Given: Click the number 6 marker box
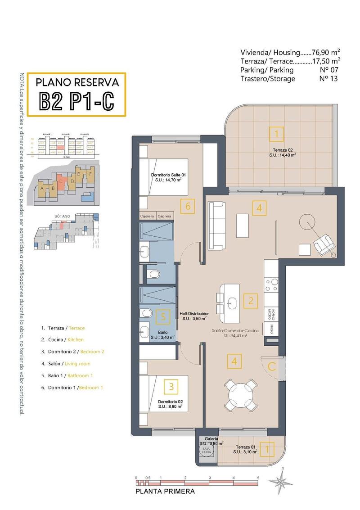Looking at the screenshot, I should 189,207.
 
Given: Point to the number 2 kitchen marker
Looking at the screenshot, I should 251,301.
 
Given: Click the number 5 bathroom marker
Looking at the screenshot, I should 163,316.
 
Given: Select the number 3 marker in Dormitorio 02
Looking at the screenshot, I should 171,386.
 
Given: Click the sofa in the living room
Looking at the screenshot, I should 217,225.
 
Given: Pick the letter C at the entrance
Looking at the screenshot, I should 272,366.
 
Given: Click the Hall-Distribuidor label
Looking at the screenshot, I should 194,316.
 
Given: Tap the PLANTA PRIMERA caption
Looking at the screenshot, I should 165,492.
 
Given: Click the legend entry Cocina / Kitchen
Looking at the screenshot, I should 62,340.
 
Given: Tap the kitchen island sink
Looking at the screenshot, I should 232,302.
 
